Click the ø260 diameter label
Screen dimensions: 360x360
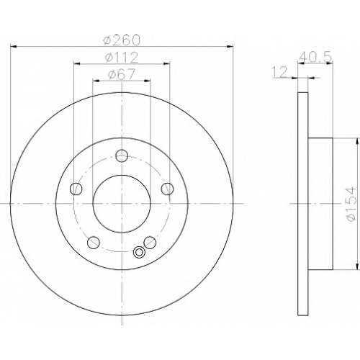[x=121, y=40]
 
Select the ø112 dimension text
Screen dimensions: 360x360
[x=122, y=58]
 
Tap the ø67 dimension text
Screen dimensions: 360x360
[x=122, y=74]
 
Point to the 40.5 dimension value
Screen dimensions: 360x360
[x=315, y=57]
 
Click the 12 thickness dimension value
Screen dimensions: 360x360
[x=279, y=72]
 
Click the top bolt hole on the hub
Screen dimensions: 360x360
[x=122, y=156]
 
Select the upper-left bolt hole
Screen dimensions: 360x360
[x=76, y=189]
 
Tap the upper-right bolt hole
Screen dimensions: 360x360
[x=167, y=189]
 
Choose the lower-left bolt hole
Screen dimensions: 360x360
[x=94, y=243]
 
